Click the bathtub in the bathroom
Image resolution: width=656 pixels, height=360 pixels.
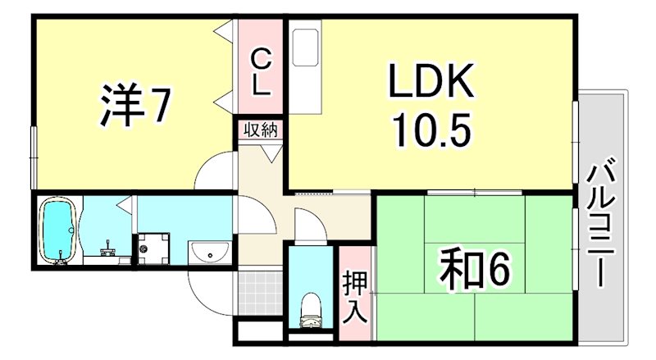(59, 230)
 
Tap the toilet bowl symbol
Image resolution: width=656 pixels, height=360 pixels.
(311, 308)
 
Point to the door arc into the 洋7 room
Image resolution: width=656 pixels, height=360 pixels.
(215, 172)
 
